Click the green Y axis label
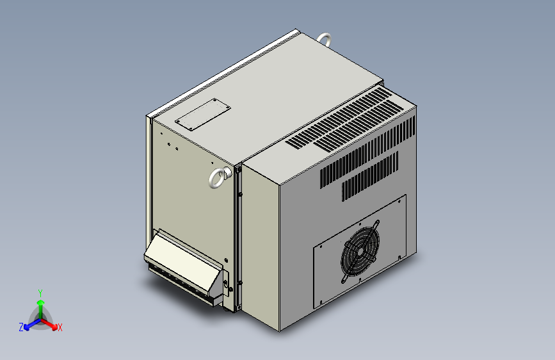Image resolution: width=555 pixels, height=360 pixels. point(40,292)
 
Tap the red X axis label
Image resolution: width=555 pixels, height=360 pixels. point(60,328)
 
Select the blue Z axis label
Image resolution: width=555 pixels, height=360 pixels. point(21,327)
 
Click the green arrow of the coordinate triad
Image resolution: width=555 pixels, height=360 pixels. point(40,304)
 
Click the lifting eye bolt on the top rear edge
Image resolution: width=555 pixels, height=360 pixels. point(325,39)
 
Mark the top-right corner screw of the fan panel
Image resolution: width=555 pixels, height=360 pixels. point(399,201)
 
